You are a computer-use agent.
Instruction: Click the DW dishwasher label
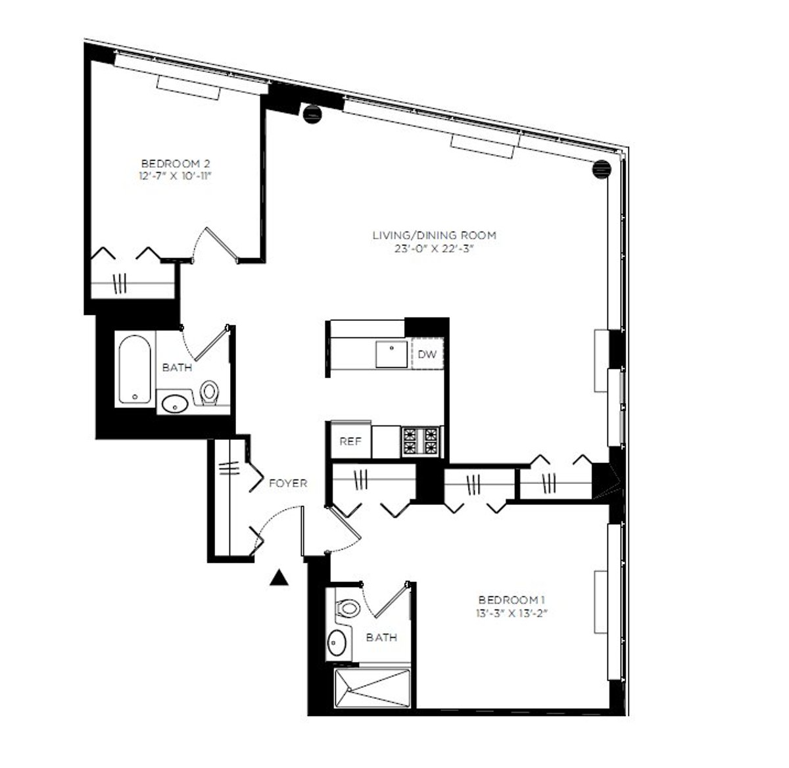(427, 354)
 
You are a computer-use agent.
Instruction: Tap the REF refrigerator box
(350, 441)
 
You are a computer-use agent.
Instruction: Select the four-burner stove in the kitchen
(421, 441)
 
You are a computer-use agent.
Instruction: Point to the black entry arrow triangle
(280, 577)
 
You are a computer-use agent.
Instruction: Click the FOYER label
(288, 483)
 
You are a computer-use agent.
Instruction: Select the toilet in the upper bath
(210, 393)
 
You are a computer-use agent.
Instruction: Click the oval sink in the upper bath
(174, 404)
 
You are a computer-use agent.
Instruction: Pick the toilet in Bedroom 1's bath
(348, 608)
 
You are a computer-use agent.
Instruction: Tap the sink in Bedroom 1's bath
(338, 641)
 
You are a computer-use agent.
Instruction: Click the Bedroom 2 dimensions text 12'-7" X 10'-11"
(175, 176)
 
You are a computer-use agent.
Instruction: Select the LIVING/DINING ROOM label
(434, 235)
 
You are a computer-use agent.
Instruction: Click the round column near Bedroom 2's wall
(312, 112)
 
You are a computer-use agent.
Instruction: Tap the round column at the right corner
(601, 169)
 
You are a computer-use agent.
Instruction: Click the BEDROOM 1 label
(512, 600)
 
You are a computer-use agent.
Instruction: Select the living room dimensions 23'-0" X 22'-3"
(434, 249)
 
